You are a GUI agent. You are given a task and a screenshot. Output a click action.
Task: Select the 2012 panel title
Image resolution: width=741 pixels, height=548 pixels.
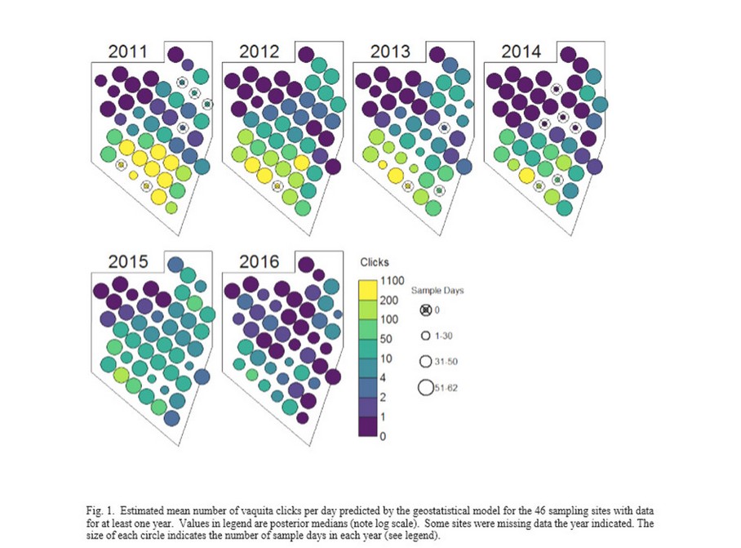tap(259, 52)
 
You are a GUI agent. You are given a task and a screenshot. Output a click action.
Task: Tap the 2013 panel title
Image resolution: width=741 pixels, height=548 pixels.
tap(389, 52)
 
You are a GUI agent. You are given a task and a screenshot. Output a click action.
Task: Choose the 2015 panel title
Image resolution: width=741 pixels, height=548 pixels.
tap(128, 262)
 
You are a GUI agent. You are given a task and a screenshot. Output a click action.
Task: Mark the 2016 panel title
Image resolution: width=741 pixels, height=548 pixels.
tap(259, 262)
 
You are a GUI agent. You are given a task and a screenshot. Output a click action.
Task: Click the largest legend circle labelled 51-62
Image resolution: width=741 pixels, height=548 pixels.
tap(425, 388)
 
